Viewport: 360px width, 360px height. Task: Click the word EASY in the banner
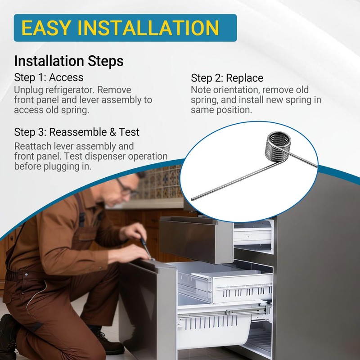(46, 28)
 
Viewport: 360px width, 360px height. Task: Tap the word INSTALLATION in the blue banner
(148, 28)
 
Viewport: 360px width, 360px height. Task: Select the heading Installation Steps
(69, 61)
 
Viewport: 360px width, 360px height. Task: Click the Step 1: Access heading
(49, 77)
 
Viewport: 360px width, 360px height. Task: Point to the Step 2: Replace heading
(227, 78)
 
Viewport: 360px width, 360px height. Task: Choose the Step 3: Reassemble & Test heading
(76, 132)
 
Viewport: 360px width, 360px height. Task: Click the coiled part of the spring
(277, 147)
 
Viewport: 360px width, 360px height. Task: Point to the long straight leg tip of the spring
(193, 199)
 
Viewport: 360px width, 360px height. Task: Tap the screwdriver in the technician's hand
(145, 247)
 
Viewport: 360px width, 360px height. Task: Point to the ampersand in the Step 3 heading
(112, 132)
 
